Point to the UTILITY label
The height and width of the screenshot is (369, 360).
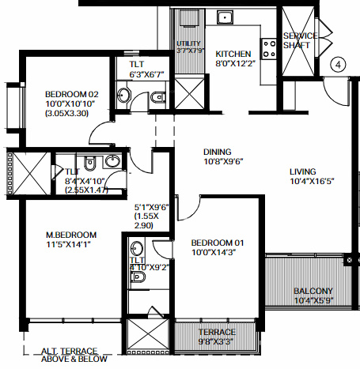pos(190,43)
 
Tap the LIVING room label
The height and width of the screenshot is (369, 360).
pos(302,171)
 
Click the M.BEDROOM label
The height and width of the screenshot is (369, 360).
pos(71,235)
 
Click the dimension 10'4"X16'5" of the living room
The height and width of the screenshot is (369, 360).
pos(302,183)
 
